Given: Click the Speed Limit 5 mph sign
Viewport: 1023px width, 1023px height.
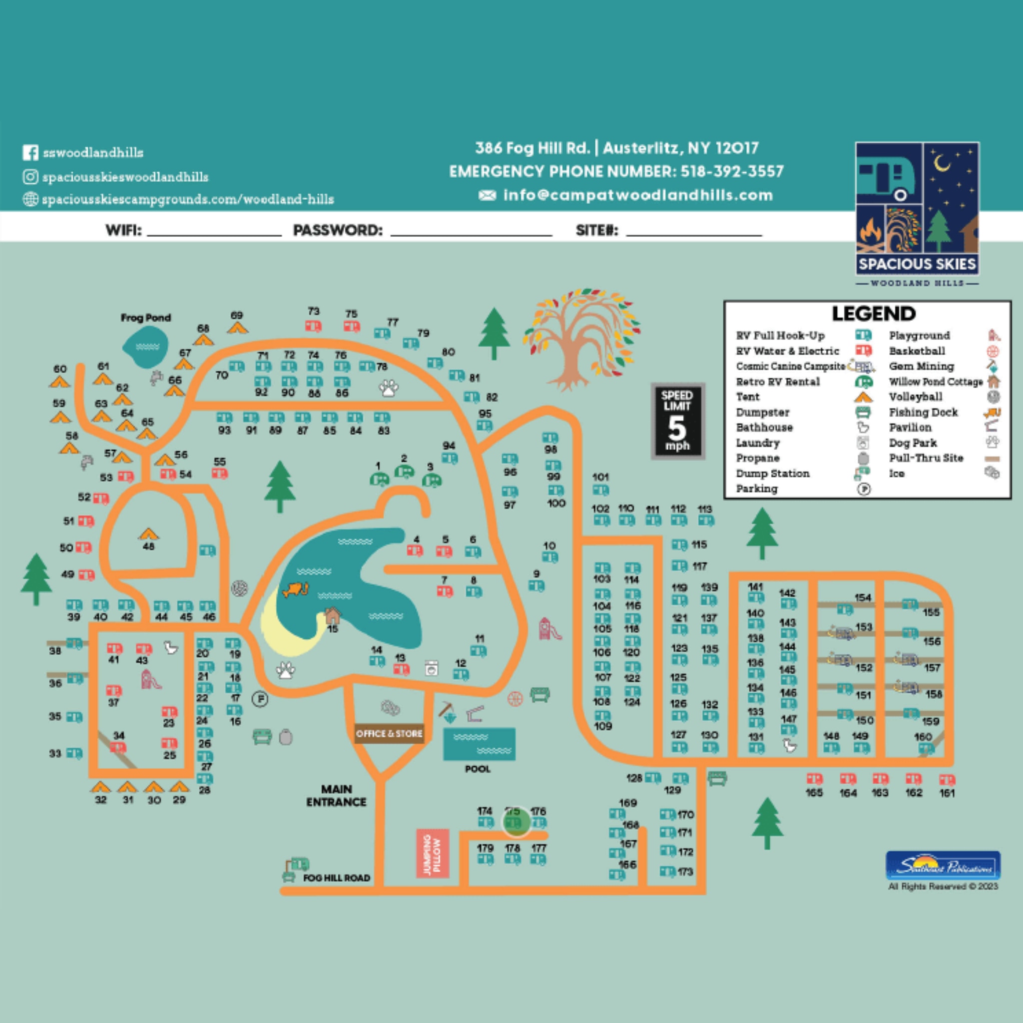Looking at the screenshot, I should [677, 421].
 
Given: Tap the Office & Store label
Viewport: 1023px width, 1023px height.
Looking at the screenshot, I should [389, 733].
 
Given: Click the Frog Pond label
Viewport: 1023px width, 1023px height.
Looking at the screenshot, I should [146, 318].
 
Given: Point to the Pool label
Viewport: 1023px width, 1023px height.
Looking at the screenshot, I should [478, 769].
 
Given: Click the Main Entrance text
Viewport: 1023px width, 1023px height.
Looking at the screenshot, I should [336, 795].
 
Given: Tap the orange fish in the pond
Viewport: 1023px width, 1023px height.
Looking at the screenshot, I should [296, 589].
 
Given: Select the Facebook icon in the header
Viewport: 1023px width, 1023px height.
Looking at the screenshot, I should [30, 152].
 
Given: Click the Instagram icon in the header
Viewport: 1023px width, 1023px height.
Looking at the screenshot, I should [30, 176].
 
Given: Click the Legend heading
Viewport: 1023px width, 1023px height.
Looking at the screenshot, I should [874, 314].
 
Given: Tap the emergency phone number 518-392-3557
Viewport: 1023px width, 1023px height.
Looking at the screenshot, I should [731, 171].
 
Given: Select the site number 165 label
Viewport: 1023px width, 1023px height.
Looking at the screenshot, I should [814, 793].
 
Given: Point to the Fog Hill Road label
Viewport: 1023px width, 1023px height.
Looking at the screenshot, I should [336, 878].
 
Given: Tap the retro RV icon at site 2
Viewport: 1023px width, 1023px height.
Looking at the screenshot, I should [405, 471].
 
